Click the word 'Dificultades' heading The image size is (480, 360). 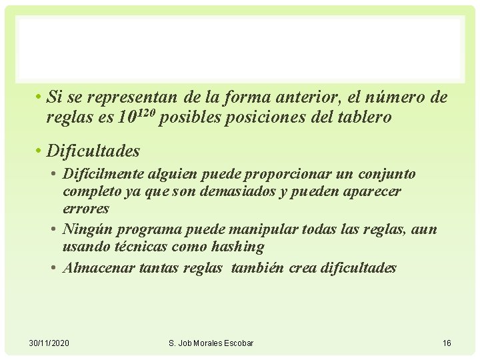tap(93, 151)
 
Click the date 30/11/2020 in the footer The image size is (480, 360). tap(49, 343)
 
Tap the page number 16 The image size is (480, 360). tap(447, 343)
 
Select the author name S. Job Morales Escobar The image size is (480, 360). tap(211, 343)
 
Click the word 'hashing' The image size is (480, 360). tap(238, 247)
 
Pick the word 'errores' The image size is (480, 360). tap(86, 209)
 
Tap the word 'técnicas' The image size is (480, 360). tap(149, 247)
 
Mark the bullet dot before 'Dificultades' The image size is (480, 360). tap(40, 151)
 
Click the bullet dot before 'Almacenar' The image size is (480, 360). tap(53, 268)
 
